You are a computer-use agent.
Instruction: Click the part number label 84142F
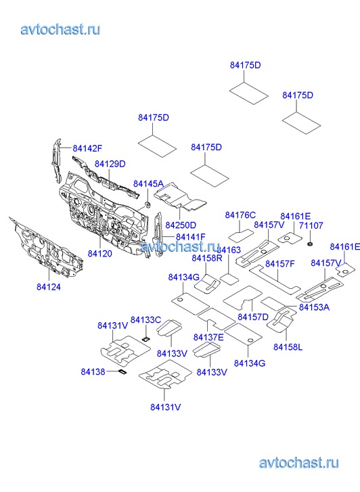tap(87, 148)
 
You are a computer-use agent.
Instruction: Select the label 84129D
tap(110, 164)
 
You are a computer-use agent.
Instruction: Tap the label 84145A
tap(148, 183)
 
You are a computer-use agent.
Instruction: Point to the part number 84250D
tap(181, 225)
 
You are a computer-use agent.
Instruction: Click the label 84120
tap(99, 253)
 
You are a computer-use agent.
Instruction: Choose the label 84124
tap(49, 287)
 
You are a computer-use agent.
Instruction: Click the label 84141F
tap(191, 237)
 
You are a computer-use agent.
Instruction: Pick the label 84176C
tap(240, 215)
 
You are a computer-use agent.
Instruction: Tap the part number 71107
tap(311, 225)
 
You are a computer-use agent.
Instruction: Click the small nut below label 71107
tap(310, 244)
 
